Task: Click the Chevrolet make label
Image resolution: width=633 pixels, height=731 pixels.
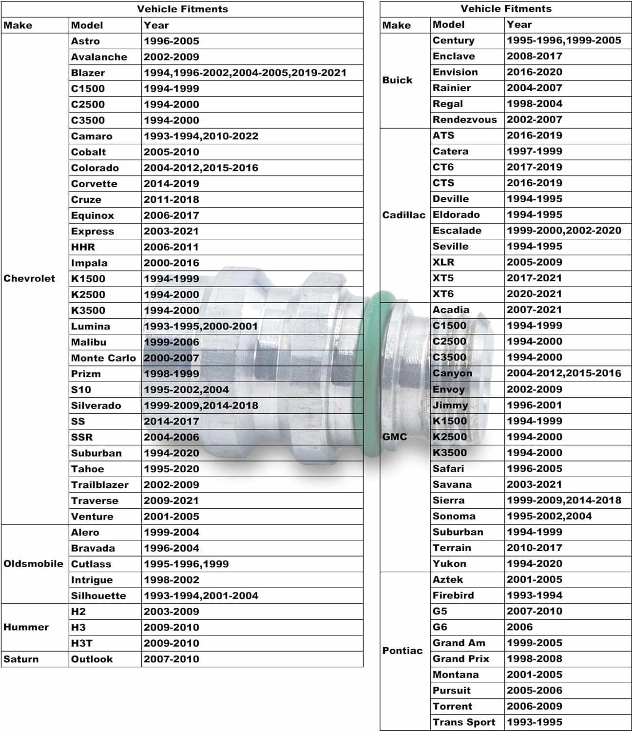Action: click(x=29, y=279)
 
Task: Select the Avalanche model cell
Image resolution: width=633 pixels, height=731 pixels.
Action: click(x=99, y=57)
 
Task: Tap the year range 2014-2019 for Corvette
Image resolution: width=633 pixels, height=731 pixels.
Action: click(x=172, y=184)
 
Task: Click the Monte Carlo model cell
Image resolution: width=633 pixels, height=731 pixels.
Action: click(x=103, y=358)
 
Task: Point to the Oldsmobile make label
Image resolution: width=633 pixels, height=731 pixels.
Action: click(x=33, y=564)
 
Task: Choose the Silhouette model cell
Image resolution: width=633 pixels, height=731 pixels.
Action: click(x=98, y=596)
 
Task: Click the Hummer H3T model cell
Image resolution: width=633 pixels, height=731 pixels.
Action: click(x=82, y=643)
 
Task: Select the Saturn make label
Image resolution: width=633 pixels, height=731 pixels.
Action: click(x=21, y=659)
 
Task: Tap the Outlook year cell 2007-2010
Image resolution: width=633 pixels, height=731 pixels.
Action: click(x=172, y=659)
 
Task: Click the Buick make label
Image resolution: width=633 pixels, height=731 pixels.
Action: click(x=397, y=80)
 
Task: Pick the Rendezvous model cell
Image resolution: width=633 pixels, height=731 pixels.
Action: click(x=464, y=119)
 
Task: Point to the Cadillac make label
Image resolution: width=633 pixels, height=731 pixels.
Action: click(x=403, y=215)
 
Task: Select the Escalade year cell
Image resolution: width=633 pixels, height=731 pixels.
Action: click(x=564, y=231)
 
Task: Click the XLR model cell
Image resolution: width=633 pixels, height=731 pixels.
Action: click(x=443, y=262)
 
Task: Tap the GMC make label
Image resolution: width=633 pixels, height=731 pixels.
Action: click(x=394, y=437)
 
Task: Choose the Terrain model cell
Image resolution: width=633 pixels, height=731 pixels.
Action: click(x=452, y=548)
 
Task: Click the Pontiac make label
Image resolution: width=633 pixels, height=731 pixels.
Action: click(x=402, y=651)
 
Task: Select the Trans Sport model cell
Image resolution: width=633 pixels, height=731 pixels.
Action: click(x=463, y=722)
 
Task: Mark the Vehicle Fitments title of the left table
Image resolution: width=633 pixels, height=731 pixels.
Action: click(x=182, y=9)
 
